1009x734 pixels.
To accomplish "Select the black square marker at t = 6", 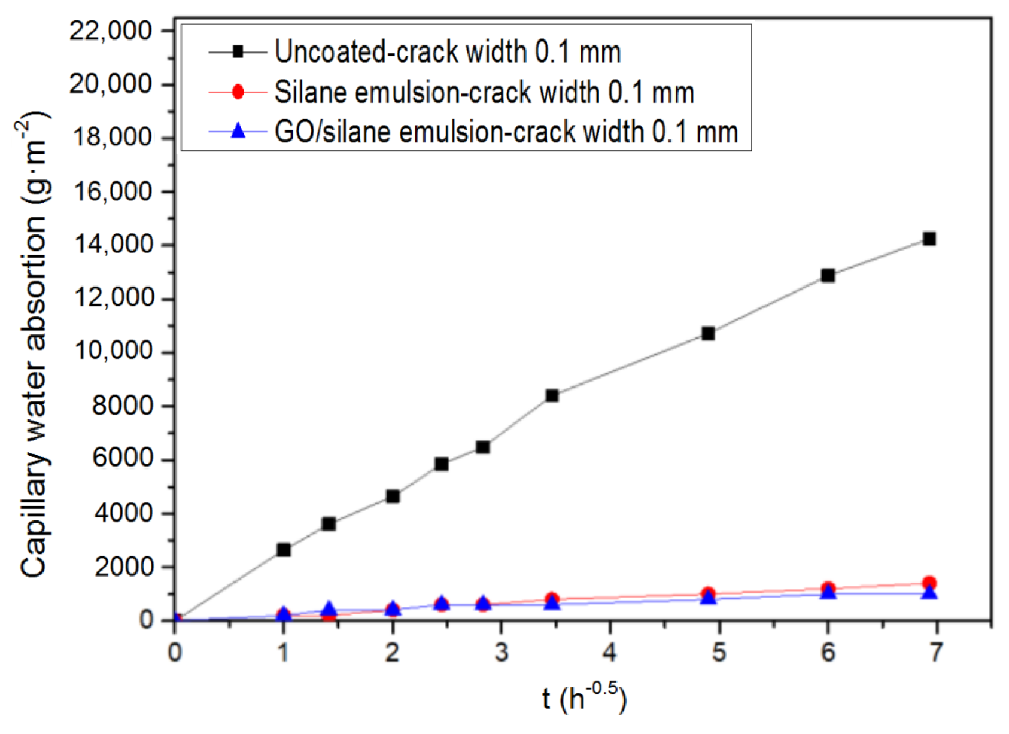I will (828, 275).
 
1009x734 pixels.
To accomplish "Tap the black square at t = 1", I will (284, 549).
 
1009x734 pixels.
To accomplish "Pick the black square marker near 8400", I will (552, 395).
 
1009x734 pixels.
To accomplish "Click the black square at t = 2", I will (393, 496).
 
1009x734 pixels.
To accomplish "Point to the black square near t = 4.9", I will (708, 333).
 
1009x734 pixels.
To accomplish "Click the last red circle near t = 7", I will (929, 583).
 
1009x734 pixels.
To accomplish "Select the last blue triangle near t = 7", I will (929, 593).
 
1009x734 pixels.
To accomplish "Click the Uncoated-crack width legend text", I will (448, 52).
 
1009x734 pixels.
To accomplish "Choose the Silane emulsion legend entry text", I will (484, 92).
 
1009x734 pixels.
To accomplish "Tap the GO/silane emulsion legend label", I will (506, 132).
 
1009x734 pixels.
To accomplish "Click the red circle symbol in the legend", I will (238, 92).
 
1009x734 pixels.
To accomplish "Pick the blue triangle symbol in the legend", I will (238, 130).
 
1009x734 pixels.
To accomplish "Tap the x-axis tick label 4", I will (610, 651).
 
